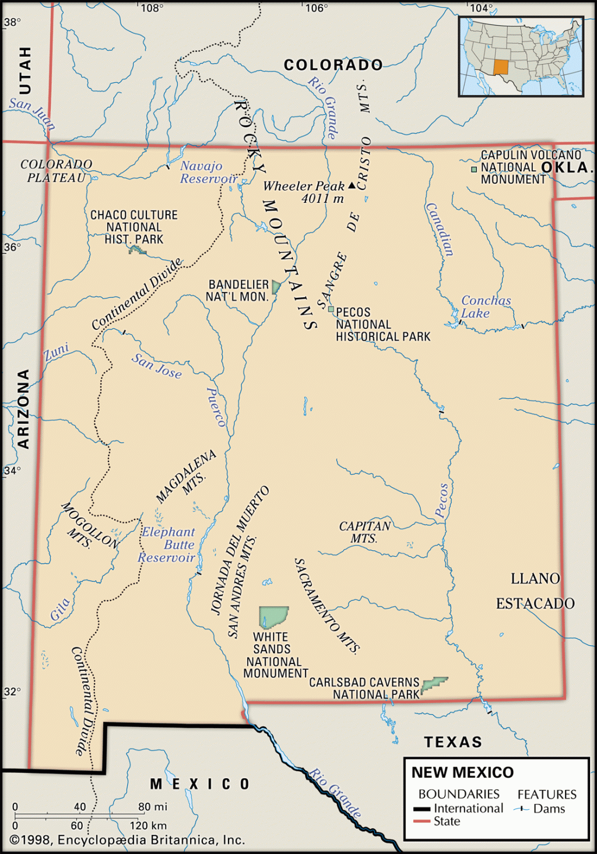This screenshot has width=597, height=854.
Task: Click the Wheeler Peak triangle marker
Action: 352,186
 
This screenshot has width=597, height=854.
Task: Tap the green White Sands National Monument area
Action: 273,617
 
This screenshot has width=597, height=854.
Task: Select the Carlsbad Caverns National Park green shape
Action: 434,684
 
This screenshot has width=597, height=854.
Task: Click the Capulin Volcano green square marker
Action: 474,169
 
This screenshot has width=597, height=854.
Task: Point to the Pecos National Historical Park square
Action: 331,310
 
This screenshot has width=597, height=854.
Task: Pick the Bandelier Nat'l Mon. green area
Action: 276,287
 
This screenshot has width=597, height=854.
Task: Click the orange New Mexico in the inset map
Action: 501,67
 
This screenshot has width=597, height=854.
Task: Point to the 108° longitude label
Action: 152,8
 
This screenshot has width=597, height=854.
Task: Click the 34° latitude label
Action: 12,470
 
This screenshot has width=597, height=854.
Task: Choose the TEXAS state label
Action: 453,742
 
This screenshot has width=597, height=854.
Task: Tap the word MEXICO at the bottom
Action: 200,784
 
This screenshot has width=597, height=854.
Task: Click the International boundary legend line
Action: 422,809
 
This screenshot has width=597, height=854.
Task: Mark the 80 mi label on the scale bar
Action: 153,807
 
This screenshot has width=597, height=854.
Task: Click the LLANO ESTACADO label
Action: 535,591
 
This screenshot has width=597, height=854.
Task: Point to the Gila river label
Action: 60,609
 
